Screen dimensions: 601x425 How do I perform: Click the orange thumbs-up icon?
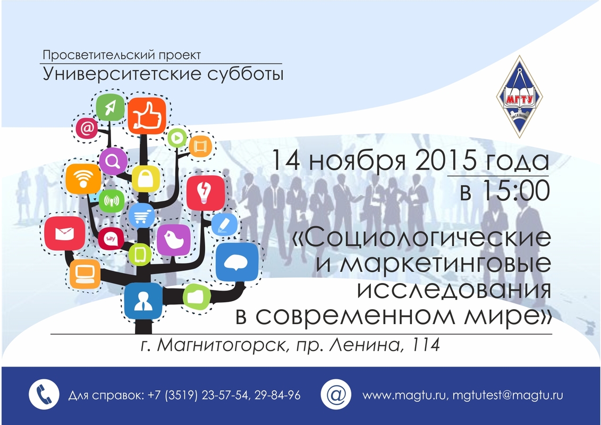(x=147, y=115)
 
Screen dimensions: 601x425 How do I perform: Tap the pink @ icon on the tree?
(x=87, y=127)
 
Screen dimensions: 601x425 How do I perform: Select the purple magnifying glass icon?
(x=113, y=161)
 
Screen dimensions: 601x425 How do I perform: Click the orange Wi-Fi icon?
(x=83, y=179)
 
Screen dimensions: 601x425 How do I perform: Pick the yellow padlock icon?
(x=146, y=179)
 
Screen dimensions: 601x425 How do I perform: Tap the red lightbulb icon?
(x=206, y=193)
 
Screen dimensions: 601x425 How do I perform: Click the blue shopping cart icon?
(x=141, y=215)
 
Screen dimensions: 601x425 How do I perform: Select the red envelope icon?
(x=64, y=233)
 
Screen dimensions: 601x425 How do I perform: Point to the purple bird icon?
(x=174, y=240)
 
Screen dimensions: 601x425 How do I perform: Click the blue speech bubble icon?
(x=236, y=262)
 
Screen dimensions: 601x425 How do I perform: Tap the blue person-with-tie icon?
(x=143, y=301)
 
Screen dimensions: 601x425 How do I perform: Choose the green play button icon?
(x=177, y=138)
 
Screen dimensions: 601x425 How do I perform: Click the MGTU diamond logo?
(x=519, y=97)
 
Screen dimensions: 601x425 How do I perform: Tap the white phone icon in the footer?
(x=44, y=394)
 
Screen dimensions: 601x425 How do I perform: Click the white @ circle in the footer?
(x=336, y=394)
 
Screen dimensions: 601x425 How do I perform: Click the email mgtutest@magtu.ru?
(x=507, y=395)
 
